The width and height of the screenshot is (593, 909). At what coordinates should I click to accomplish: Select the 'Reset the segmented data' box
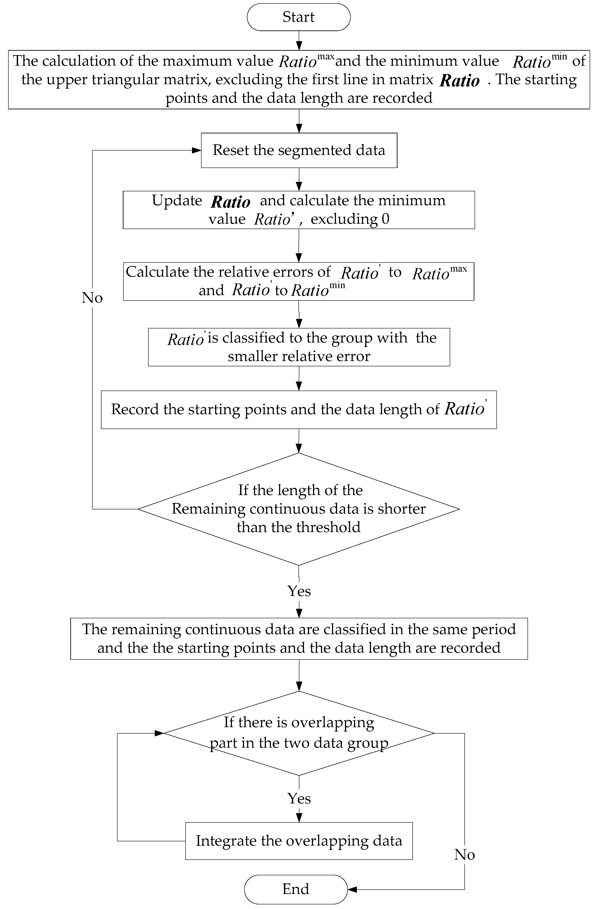[x=299, y=150]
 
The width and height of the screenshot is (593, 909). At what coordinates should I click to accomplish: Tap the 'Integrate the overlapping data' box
[x=299, y=841]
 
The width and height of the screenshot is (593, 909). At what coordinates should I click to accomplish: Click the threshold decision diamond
[x=298, y=509]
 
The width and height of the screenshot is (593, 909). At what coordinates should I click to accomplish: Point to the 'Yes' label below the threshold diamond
[x=299, y=591]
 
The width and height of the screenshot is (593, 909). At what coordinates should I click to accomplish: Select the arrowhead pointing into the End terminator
[x=352, y=889]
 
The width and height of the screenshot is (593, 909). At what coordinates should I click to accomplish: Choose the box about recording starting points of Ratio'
[x=298, y=410]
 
